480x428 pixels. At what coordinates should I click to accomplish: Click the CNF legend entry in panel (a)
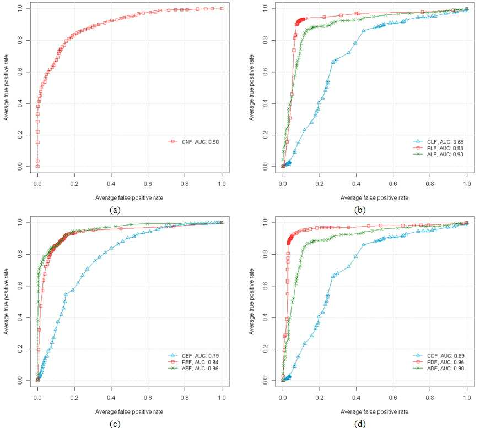pyautogui.click(x=193, y=142)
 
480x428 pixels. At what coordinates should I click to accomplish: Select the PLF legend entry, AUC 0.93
pyautogui.click(x=438, y=148)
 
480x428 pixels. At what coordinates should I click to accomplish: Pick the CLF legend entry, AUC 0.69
pyautogui.click(x=438, y=142)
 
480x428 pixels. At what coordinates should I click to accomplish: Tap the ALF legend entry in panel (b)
pyautogui.click(x=438, y=155)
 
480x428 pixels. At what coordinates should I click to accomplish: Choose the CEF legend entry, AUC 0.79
pyautogui.click(x=193, y=356)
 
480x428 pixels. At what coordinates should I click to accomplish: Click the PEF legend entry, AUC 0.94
pyautogui.click(x=193, y=363)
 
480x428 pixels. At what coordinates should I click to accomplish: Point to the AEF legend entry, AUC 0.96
pyautogui.click(x=193, y=369)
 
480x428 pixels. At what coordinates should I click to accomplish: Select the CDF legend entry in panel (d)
pyautogui.click(x=438, y=356)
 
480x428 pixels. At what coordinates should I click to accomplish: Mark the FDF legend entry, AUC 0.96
pyautogui.click(x=438, y=363)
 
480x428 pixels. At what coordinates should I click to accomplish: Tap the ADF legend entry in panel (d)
pyautogui.click(x=438, y=369)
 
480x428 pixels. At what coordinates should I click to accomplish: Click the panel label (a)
pyautogui.click(x=115, y=210)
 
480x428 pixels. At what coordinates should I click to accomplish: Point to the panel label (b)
pyautogui.click(x=360, y=210)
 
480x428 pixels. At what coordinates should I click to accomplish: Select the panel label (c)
pyautogui.click(x=115, y=424)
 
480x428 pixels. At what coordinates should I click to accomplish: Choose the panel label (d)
pyautogui.click(x=360, y=424)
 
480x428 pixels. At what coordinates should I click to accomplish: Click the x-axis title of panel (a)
pyautogui.click(x=129, y=198)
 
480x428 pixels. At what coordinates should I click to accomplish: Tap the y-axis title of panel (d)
pyautogui.click(x=251, y=301)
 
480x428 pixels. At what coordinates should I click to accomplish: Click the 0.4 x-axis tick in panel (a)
pyautogui.click(x=111, y=184)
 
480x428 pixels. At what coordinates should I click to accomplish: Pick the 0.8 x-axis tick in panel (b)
pyautogui.click(x=430, y=184)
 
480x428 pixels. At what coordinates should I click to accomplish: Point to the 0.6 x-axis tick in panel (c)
pyautogui.click(x=148, y=398)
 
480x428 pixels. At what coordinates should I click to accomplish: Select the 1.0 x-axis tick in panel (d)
pyautogui.click(x=467, y=398)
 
